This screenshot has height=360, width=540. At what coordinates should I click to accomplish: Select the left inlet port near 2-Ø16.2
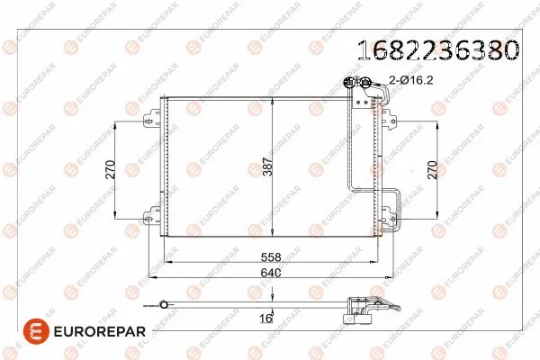tap(349, 83)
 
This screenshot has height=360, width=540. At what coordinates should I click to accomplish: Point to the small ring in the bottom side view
tap(163, 304)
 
